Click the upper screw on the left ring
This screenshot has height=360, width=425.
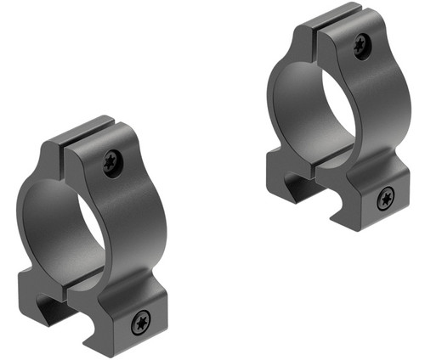(112, 162)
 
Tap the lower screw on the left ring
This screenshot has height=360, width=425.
(141, 322)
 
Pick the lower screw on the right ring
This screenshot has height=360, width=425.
(386, 199)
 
